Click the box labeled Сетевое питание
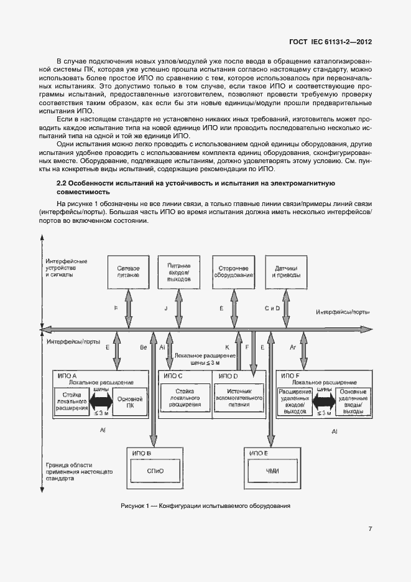[x=129, y=271]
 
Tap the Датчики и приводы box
[x=286, y=271]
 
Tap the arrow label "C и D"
[x=272, y=309]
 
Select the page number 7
[x=370, y=529]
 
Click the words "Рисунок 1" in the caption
[x=135, y=505]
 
